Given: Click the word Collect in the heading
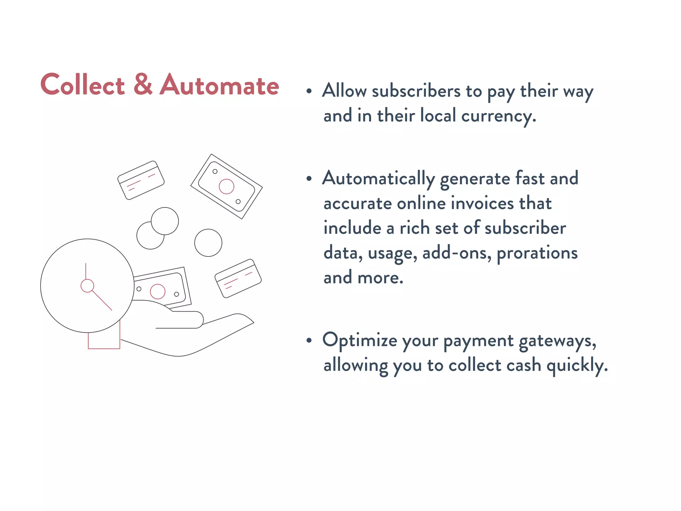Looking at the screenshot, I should (x=82, y=85).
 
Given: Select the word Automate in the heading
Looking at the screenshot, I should (x=219, y=85).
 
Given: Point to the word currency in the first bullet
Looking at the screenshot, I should (x=498, y=116).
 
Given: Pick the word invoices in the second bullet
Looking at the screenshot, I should (x=482, y=203).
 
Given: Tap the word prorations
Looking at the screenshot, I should (x=537, y=253).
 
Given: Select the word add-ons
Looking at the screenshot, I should (x=457, y=253).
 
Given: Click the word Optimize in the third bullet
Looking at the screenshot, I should (x=359, y=340).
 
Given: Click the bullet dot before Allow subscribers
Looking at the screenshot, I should (x=309, y=91).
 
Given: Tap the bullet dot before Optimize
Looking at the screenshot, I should (x=309, y=340).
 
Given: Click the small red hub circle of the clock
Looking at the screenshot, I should (x=87, y=286).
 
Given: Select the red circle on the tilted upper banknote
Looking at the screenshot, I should (x=226, y=186).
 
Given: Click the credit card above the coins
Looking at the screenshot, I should (x=141, y=180).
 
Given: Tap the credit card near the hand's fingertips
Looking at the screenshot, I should (x=238, y=278).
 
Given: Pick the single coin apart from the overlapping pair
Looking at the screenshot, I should (x=208, y=243).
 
